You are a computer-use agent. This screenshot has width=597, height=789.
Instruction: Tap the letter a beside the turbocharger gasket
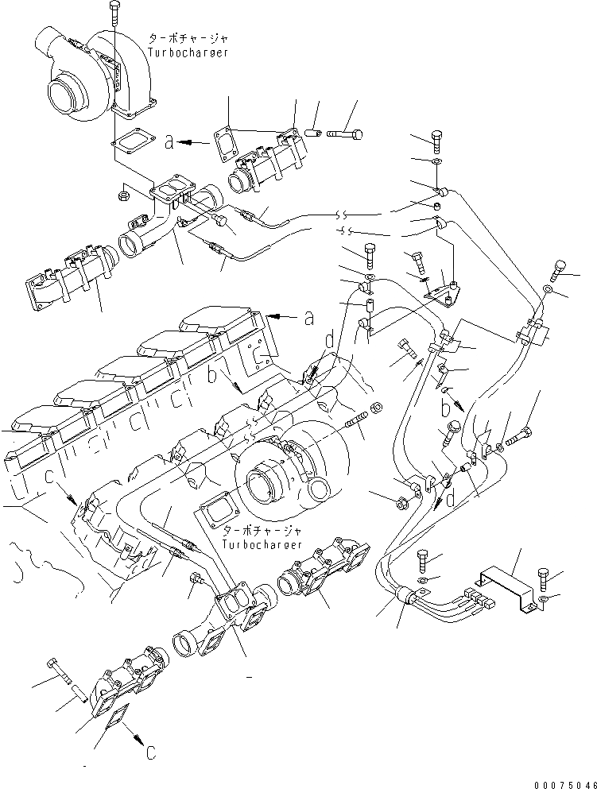coord(169,142)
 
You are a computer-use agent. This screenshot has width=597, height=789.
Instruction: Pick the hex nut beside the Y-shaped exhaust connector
coord(124,193)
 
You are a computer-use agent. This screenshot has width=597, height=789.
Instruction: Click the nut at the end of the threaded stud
coord(377,408)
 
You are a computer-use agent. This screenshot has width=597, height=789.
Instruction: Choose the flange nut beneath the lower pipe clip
coord(401,503)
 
